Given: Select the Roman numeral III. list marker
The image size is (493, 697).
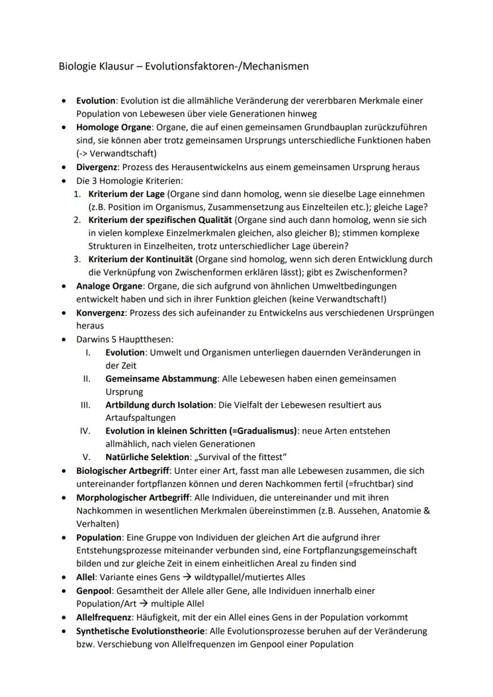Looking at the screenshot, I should (x=85, y=405).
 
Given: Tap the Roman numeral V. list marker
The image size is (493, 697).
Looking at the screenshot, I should (x=86, y=457).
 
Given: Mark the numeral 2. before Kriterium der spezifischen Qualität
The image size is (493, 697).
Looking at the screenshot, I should (x=77, y=220).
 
